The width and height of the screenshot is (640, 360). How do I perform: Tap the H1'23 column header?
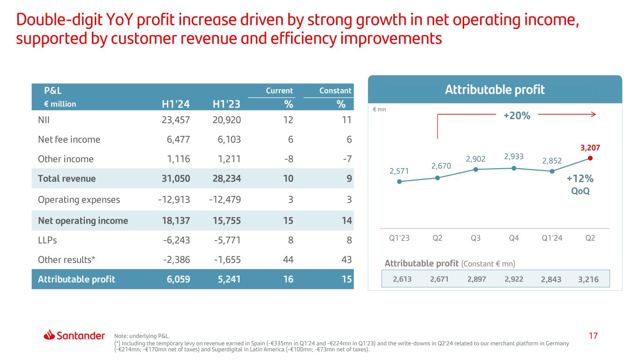pyautogui.click(x=226, y=104)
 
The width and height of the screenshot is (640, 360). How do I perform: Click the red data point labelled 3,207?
pyautogui.click(x=590, y=158)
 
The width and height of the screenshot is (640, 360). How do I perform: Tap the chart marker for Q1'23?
pyautogui.click(x=399, y=181)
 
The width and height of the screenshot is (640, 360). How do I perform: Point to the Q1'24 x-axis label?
pyautogui.click(x=552, y=238)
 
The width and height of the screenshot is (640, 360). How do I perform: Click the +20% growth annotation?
pyautogui.click(x=517, y=115)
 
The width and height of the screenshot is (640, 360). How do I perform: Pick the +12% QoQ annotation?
pyautogui.click(x=580, y=184)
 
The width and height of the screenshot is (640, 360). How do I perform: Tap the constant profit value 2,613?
pyautogui.click(x=402, y=279)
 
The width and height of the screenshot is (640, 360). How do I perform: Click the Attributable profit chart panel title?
pyautogui.click(x=495, y=90)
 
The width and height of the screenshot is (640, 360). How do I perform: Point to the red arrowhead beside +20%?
pyautogui.click(x=592, y=113)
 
